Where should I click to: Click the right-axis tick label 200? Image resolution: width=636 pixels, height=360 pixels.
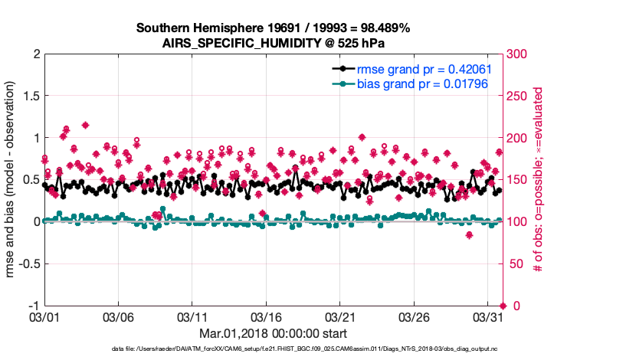[x=517, y=138]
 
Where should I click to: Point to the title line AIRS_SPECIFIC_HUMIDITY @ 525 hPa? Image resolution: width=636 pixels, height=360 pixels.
[x=274, y=43]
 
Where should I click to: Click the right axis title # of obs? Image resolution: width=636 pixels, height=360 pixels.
[x=539, y=180]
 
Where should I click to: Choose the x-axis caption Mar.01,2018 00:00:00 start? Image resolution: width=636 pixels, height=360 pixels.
[x=273, y=333]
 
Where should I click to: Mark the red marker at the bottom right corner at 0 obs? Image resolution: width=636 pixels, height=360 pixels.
[x=503, y=306]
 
